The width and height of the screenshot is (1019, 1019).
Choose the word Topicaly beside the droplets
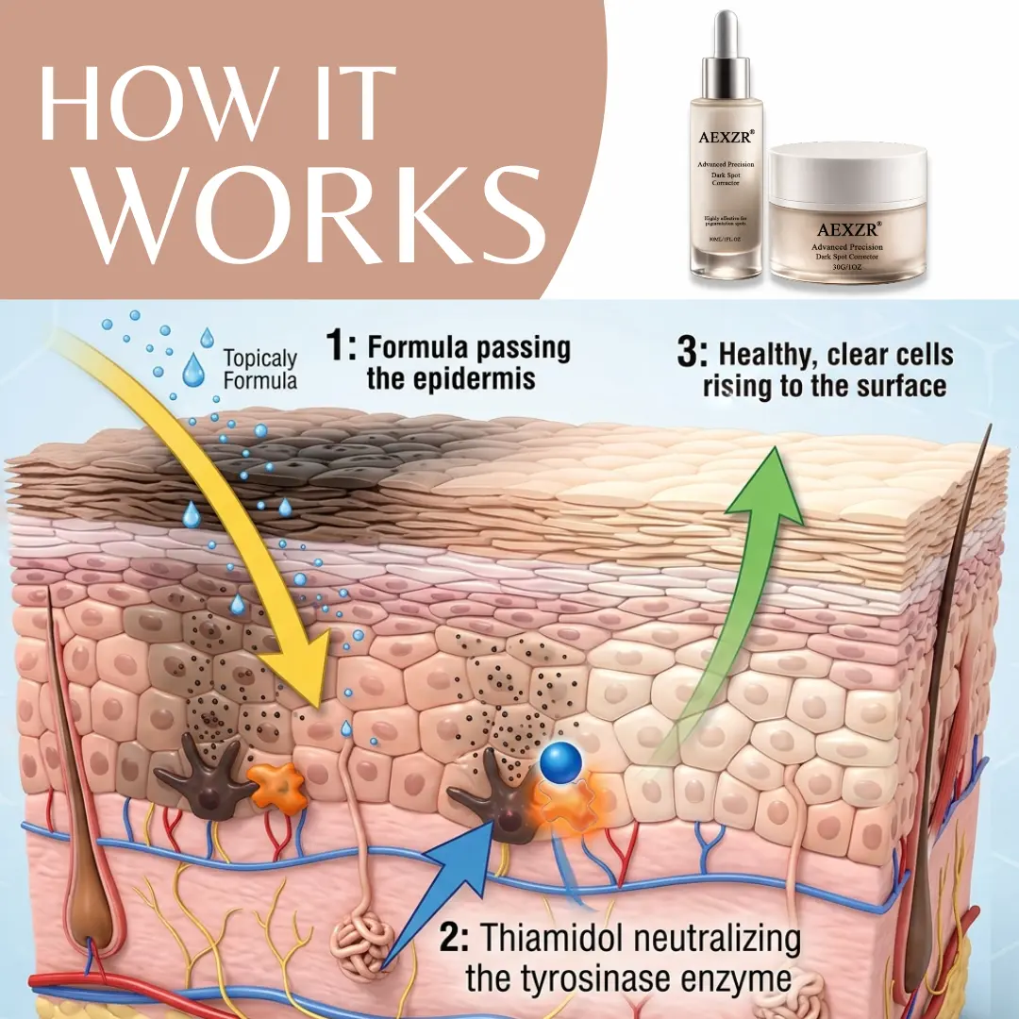click(260, 359)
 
